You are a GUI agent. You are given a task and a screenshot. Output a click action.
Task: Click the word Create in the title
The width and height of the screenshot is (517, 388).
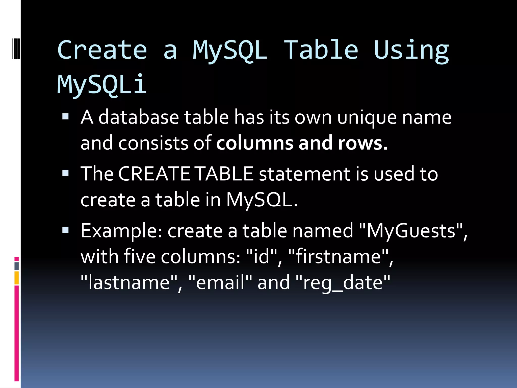click(x=102, y=50)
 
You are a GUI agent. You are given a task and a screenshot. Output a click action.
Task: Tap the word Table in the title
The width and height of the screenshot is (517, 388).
click(x=321, y=50)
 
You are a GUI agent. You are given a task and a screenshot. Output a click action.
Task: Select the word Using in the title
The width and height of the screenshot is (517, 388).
click(x=411, y=51)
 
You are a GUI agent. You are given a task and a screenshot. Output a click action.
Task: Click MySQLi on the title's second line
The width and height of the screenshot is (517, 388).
click(x=102, y=84)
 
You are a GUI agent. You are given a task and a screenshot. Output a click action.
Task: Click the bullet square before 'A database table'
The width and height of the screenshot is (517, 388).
click(x=65, y=116)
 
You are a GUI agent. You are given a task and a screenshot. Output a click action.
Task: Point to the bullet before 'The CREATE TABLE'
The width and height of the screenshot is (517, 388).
click(x=65, y=173)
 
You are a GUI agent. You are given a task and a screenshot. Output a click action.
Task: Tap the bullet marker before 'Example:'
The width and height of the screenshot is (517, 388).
click(x=65, y=230)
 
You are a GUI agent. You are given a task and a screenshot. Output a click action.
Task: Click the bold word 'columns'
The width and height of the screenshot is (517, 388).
click(x=255, y=143)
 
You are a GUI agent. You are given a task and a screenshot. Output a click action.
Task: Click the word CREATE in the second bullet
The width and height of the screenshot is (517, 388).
click(x=154, y=174)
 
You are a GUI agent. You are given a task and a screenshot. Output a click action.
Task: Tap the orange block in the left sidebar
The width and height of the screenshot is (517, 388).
click(x=17, y=278)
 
